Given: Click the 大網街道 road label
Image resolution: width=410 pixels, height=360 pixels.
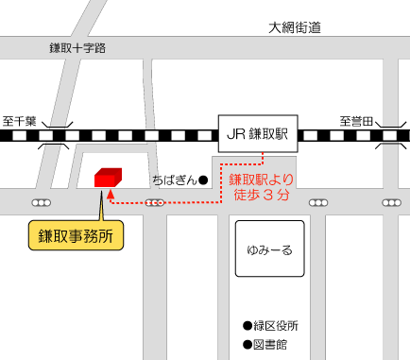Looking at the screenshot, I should point(294,27).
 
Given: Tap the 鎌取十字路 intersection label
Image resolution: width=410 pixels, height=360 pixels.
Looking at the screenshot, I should point(78,46).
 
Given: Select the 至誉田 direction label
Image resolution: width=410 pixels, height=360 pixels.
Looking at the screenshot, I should point(358,121).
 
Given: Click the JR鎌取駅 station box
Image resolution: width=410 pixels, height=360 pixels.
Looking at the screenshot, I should point(258,134).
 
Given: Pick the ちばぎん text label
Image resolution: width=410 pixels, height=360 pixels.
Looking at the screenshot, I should point(174,180).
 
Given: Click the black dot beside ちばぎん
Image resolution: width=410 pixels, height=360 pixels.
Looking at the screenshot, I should point(203,180).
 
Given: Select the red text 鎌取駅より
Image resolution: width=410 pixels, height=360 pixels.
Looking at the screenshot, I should point(262,179).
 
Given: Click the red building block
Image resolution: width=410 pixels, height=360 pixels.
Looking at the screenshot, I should point(108,177).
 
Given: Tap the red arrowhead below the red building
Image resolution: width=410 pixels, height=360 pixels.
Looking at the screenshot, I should point(111,194).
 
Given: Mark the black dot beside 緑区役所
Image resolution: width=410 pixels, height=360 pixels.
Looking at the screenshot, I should point(248,325).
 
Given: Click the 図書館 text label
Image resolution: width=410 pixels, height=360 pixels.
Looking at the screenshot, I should point(270,344).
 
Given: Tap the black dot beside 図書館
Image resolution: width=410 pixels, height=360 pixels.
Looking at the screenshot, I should point(248,344).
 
